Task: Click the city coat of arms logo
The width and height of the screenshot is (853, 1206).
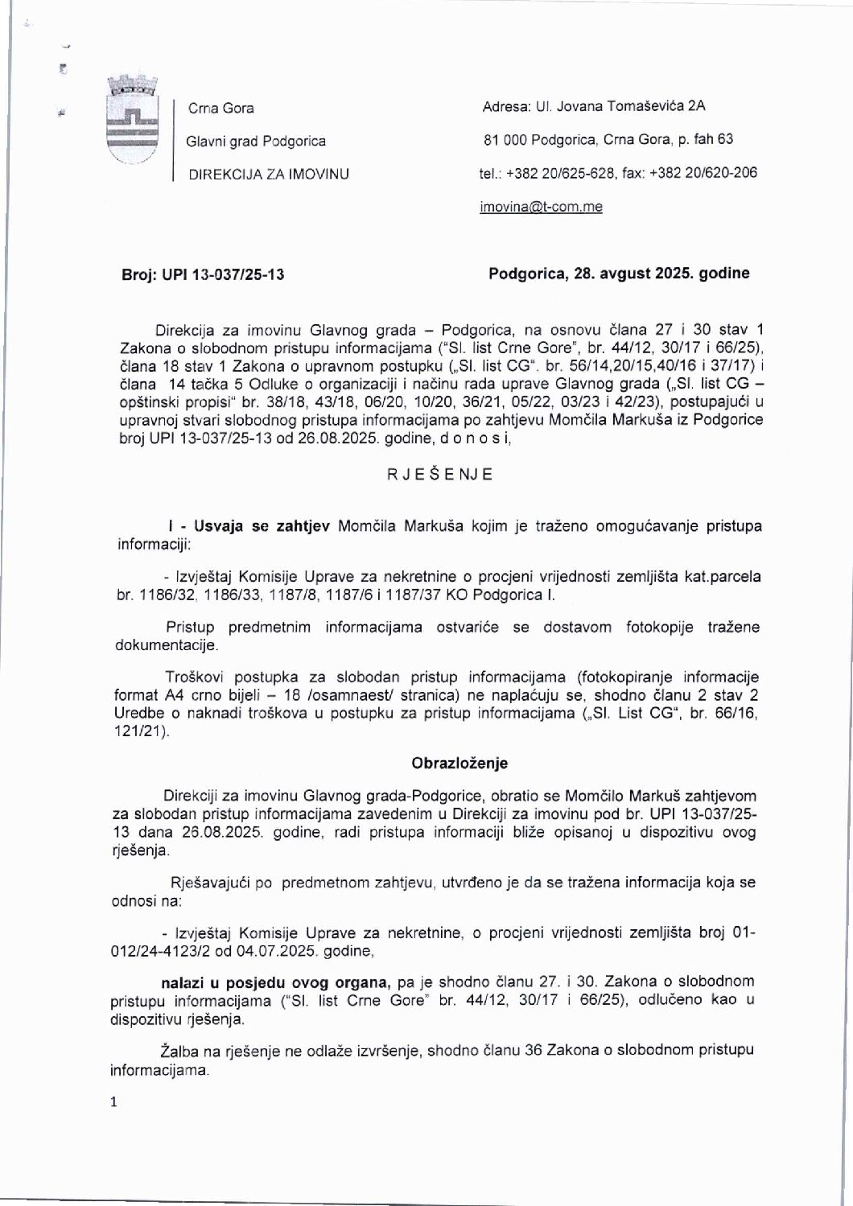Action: [132, 121]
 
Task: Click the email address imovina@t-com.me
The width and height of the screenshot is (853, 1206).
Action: [541, 207]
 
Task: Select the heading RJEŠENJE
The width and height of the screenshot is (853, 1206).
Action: [440, 474]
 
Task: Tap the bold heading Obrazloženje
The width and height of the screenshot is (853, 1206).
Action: [459, 763]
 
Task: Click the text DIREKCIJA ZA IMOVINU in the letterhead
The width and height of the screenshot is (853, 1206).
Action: [268, 173]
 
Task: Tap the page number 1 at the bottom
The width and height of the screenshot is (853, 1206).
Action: [113, 1102]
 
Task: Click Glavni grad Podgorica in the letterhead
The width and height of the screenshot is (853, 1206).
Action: [256, 141]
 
